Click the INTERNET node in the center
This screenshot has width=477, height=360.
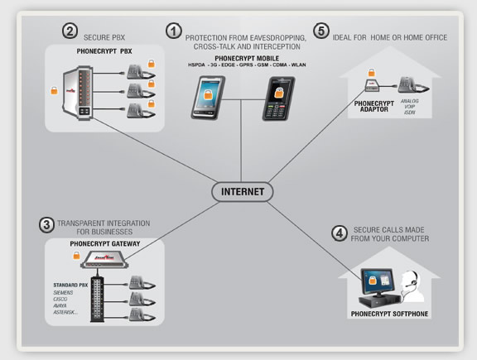point(243,191)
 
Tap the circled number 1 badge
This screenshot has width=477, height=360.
point(173,31)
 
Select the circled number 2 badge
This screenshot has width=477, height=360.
point(70,31)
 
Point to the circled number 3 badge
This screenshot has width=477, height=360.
point(46,224)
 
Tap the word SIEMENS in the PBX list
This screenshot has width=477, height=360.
point(65,293)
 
